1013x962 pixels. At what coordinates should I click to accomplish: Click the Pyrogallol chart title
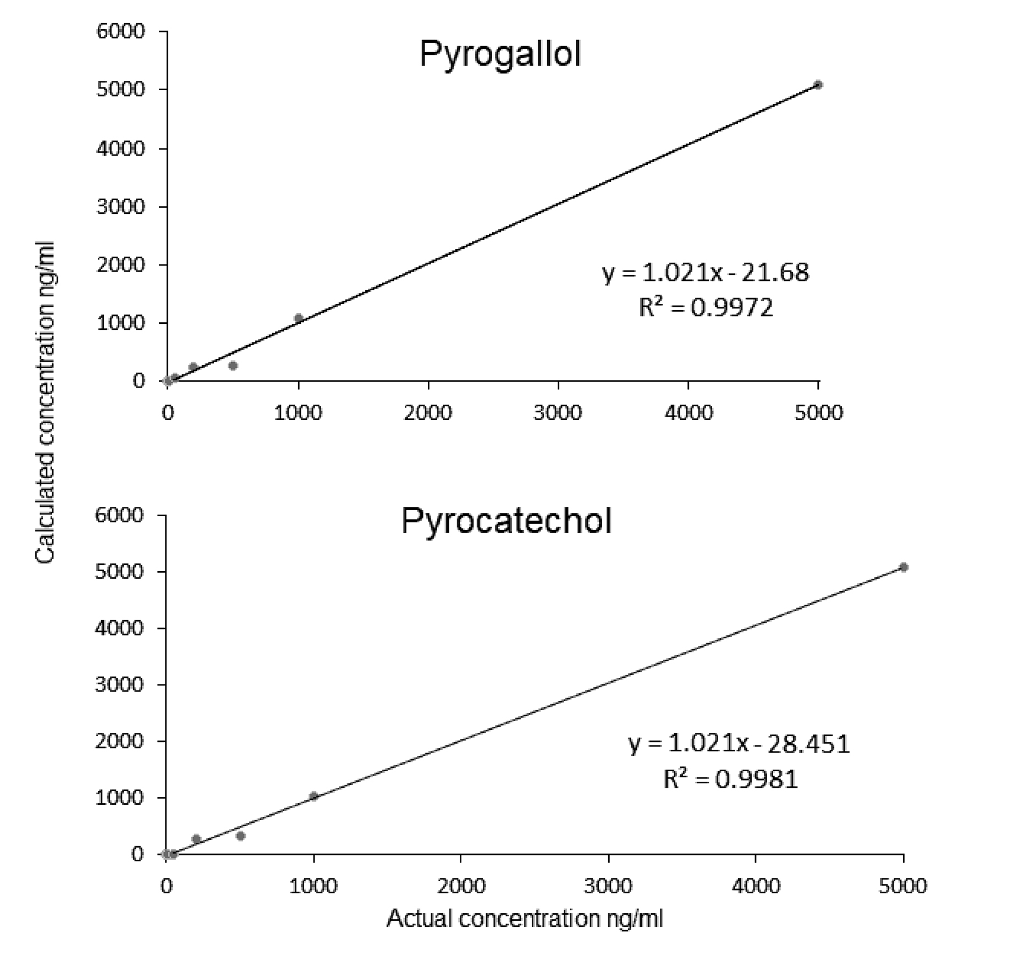click(499, 54)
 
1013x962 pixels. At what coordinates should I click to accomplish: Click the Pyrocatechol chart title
click(506, 521)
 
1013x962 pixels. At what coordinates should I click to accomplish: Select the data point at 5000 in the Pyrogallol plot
click(818, 85)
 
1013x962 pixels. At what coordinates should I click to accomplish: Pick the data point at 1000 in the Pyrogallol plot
click(299, 318)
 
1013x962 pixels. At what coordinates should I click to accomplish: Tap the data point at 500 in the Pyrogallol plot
click(233, 366)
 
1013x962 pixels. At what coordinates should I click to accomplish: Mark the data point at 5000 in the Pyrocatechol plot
click(903, 567)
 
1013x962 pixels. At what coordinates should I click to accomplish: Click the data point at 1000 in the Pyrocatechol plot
click(313, 797)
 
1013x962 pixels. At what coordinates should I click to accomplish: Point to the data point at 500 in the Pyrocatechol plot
click(240, 836)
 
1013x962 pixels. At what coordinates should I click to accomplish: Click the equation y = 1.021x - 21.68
click(706, 273)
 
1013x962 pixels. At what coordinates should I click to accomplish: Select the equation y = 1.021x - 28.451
click(739, 744)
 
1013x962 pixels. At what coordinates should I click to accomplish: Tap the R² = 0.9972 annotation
click(706, 308)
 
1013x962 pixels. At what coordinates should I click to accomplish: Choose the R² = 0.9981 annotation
click(730, 779)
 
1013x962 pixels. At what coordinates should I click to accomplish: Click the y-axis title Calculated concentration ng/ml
click(45, 401)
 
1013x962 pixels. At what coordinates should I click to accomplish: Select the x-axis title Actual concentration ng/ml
click(525, 918)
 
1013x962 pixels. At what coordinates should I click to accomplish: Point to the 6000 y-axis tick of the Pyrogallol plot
click(120, 31)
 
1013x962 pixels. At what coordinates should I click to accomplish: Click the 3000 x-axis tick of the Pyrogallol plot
click(558, 412)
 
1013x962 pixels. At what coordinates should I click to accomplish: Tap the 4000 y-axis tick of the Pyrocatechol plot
click(119, 628)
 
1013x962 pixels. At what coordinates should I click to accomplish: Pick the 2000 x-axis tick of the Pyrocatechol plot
click(461, 886)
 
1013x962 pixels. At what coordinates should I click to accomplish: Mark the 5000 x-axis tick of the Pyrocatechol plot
click(903, 886)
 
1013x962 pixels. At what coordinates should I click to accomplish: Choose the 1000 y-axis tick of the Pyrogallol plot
click(120, 323)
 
